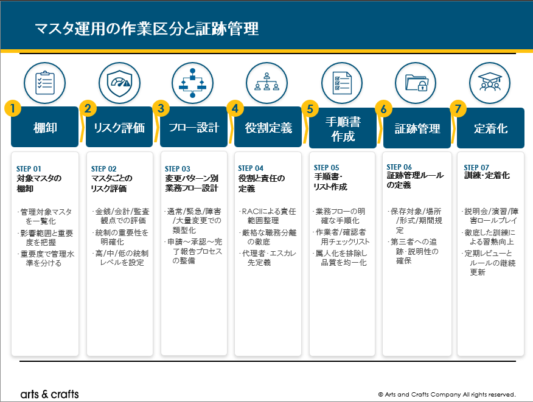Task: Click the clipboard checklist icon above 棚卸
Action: coord(44,83)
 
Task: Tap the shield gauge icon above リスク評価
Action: coord(119,83)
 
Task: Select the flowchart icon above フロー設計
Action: coord(192,83)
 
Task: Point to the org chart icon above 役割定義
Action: coord(267,83)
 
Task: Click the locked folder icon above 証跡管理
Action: coord(416,83)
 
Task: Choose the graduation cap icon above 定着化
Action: coord(490,83)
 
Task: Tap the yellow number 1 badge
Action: coord(13,108)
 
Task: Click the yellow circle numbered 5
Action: coord(310,108)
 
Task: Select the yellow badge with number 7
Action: coord(458,109)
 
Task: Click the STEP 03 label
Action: coord(178,169)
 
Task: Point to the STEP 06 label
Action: coord(399,167)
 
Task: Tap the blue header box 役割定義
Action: coord(268,127)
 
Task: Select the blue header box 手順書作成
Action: coord(343,128)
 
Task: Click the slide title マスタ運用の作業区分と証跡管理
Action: coord(147,29)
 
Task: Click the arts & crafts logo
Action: coord(50,394)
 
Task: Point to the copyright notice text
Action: coord(447,395)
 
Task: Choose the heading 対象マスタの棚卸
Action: coord(39,184)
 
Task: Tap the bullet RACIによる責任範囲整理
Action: coord(267,216)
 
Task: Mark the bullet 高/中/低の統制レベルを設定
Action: coord(120,258)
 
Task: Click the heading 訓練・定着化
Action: coord(487,175)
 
